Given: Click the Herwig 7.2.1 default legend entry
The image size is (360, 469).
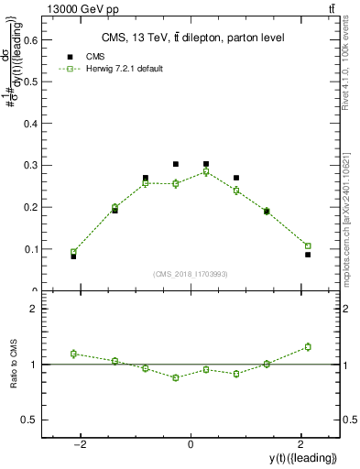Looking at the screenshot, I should click(x=119, y=69).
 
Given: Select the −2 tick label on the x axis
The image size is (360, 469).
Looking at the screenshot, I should click(x=82, y=444).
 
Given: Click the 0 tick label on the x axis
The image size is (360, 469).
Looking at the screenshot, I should click(x=191, y=444).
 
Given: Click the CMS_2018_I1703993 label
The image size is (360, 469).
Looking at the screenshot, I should click(x=191, y=274).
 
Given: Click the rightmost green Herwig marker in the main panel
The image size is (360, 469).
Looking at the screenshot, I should click(x=308, y=245).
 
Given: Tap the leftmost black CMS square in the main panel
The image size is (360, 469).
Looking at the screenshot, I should click(x=73, y=256).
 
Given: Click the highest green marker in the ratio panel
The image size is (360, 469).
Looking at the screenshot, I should click(x=308, y=346).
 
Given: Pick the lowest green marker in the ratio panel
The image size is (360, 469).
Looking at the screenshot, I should click(x=176, y=377).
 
